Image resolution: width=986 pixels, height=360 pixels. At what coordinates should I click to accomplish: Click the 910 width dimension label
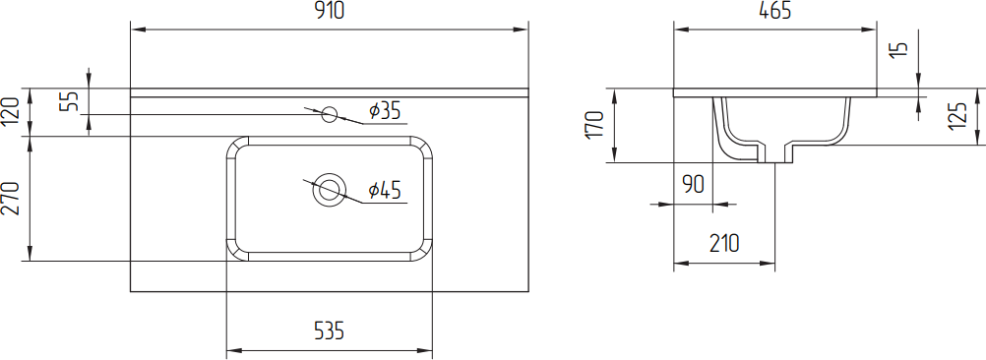point(329,11)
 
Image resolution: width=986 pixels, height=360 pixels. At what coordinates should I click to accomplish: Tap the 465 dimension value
point(774,11)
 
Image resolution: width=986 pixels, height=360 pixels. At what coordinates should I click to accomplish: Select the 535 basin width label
point(329,330)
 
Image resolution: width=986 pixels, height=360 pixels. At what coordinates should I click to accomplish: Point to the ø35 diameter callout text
point(385,111)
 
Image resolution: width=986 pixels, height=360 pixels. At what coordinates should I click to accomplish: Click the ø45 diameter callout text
point(385,190)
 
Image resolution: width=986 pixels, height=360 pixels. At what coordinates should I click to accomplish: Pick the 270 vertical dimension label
point(13,198)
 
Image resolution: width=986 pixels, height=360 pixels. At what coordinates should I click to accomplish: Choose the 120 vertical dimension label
point(13,111)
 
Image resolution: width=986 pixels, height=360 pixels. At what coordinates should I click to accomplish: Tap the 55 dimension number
point(70,101)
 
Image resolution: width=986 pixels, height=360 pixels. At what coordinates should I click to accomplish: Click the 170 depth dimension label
point(595,126)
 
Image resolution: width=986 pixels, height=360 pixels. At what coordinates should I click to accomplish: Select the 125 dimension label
point(957,116)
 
